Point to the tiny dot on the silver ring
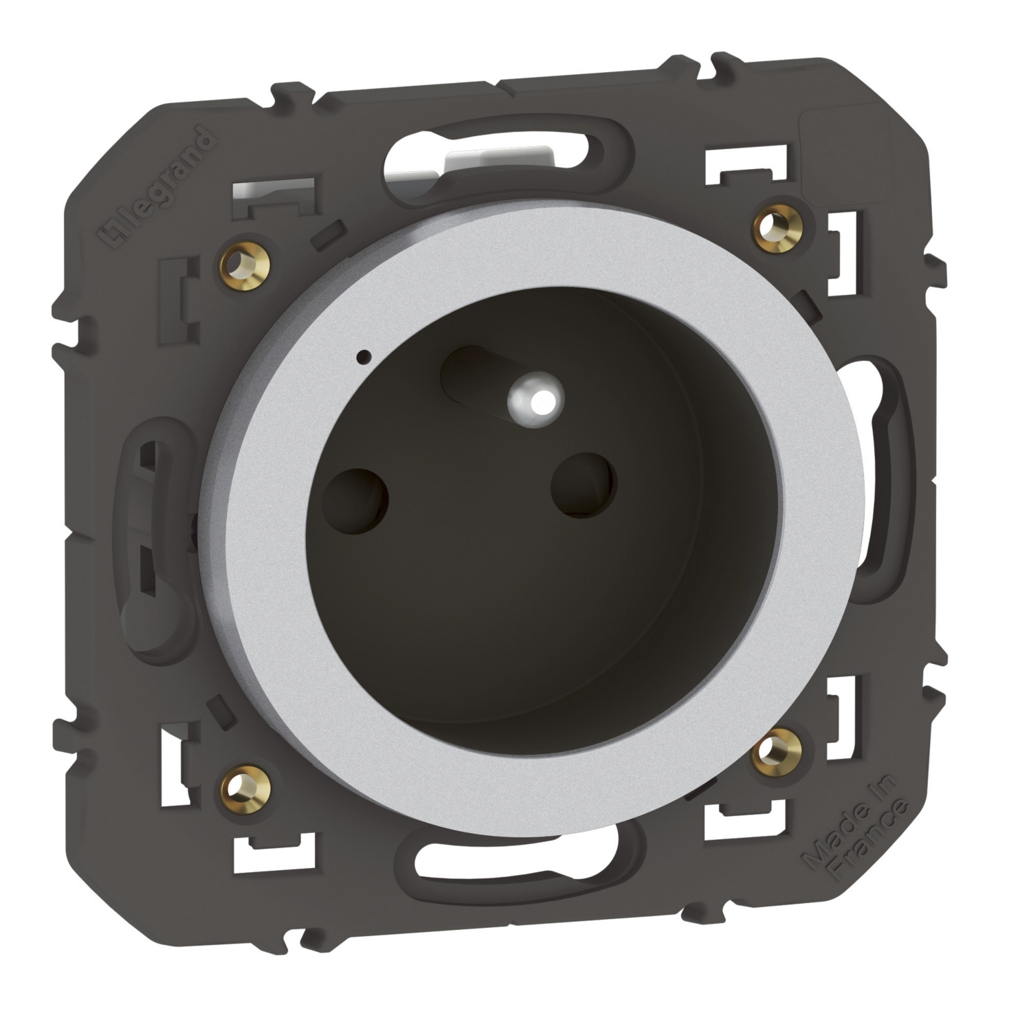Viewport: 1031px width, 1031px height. pyautogui.click(x=363, y=357)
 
